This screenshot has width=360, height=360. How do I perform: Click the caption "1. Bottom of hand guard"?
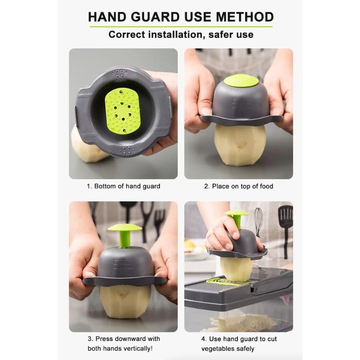coord(123,186)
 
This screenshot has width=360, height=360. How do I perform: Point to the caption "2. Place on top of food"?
coord(238,186)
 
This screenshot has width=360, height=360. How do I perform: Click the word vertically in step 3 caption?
coord(135,349)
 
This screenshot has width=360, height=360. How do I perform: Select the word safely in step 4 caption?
coord(244,349)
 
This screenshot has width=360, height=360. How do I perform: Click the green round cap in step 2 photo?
coord(241,81)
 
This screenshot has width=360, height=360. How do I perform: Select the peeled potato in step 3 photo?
coord(125,303)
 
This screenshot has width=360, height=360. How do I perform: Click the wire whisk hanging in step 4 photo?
coord(258,220)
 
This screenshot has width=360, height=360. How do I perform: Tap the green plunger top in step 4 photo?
coord(237,213)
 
